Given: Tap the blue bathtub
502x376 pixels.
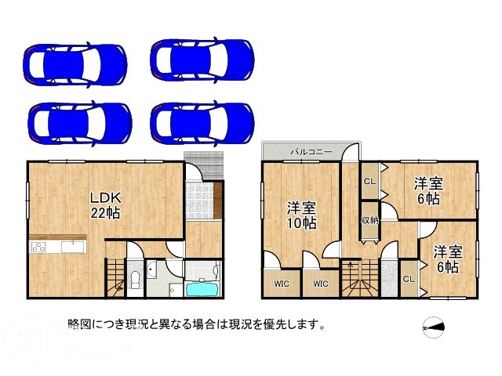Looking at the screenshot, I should pyautogui.click(x=203, y=288).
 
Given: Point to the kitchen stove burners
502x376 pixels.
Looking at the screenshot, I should pyautogui.click(x=38, y=248).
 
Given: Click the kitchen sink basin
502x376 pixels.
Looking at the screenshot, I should pyautogui.click(x=72, y=247).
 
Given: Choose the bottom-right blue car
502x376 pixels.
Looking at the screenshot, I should pyautogui.click(x=203, y=120).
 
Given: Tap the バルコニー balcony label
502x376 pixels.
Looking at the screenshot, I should pyautogui.click(x=311, y=150).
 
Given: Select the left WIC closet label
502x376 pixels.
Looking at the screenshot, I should pyautogui.click(x=280, y=284).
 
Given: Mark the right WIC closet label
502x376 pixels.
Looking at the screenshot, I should pyautogui.click(x=320, y=284).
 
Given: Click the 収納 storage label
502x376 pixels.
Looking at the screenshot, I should pyautogui.click(x=369, y=219).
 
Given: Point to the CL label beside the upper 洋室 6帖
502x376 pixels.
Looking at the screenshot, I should pyautogui.click(x=369, y=182).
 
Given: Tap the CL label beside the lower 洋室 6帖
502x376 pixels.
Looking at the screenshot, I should pyautogui.click(x=409, y=278).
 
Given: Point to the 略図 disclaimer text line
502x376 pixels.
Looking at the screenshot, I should pyautogui.click(x=197, y=324).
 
